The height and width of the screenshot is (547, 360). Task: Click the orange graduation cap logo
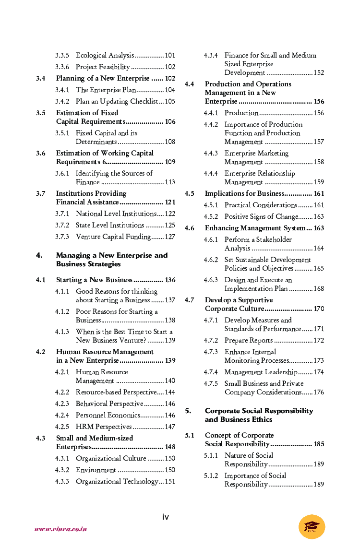point(312,526)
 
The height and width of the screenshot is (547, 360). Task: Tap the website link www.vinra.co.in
point(61,529)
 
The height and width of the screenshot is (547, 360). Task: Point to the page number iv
point(165,517)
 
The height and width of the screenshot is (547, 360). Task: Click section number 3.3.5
point(62,56)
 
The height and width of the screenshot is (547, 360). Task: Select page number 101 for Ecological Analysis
point(170,56)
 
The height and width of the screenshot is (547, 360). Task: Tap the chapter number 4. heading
point(39,255)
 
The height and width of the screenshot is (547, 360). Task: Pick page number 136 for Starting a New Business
point(170,280)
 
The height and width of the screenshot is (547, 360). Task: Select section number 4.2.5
point(62,427)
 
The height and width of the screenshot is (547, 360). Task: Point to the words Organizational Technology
point(117,481)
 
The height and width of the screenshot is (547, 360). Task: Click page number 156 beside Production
point(319,113)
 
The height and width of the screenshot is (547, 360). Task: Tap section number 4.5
point(190,193)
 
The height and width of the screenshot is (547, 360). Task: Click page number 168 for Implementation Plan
point(319,288)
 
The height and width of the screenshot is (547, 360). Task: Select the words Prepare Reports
point(249,340)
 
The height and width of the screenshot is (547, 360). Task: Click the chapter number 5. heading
point(188,411)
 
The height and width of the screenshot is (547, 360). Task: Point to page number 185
point(319,444)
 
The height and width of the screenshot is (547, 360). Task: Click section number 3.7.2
point(62,225)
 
